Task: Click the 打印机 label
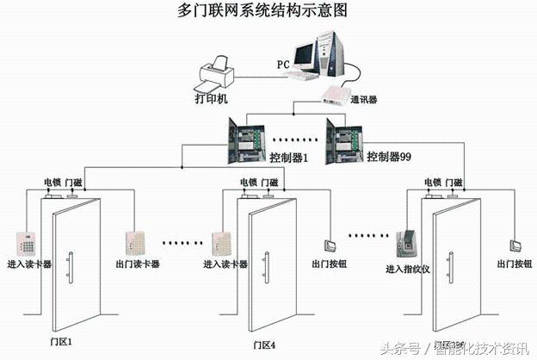pos(211,99)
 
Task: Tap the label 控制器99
pos(390,158)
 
